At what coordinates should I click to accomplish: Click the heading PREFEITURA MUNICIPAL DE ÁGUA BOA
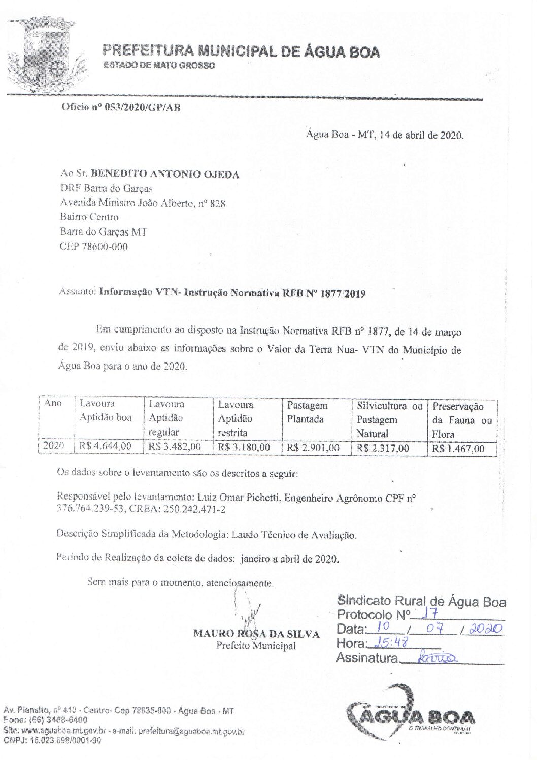241,51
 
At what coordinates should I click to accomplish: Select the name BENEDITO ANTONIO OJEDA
165,174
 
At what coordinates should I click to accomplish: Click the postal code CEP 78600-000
94,247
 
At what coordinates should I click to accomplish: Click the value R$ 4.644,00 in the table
105,446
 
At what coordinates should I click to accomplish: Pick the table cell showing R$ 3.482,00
175,447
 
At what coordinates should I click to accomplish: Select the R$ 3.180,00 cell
244,447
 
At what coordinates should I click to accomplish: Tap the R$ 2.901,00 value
313,448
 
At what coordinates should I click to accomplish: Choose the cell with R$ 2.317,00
383,448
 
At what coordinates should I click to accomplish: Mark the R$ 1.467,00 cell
458,449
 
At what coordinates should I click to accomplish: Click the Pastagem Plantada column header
308,412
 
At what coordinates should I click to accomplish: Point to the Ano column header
53,403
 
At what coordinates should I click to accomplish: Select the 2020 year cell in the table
53,446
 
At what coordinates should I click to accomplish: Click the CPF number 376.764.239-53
90,509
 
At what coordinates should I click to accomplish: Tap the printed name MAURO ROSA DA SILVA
256,634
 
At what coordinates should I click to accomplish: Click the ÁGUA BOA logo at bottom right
411,716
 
